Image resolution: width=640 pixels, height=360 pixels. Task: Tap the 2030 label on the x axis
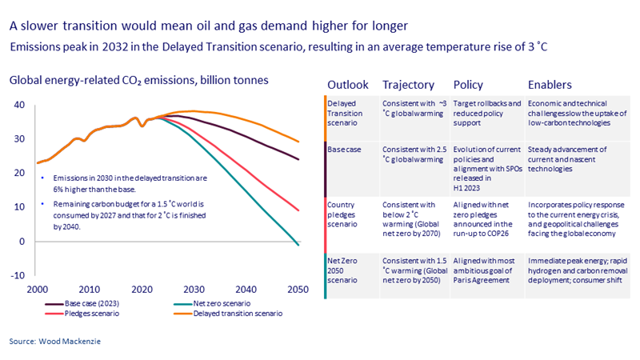[193, 289]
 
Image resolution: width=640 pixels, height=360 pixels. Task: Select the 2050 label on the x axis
[298, 289]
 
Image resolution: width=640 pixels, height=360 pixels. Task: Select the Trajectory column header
[408, 85]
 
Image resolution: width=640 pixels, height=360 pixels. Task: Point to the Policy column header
[468, 85]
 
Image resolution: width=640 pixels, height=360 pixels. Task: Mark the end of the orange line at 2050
[299, 142]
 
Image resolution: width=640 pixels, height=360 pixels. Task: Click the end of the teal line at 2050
[299, 245]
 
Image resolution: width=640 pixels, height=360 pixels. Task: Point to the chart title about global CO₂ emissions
[138, 80]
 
